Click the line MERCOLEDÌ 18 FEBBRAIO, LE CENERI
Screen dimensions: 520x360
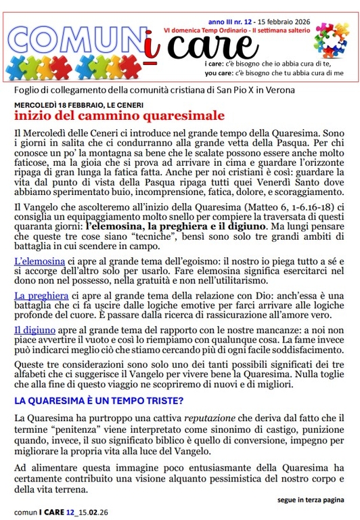(75, 105)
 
